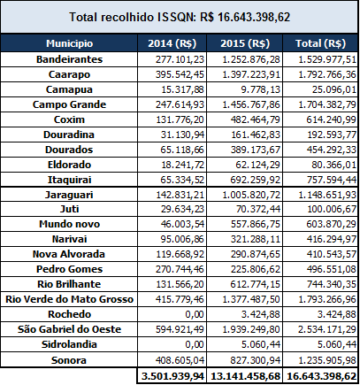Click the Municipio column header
coord(69,43)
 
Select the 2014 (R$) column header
coord(172,43)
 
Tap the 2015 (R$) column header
coord(245,43)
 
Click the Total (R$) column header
coord(320,43)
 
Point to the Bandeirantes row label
coord(69,59)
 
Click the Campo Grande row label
coord(69,104)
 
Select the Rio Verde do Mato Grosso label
coord(69,299)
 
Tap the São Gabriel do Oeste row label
coord(69,329)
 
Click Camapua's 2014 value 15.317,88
coord(182,89)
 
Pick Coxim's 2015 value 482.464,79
coord(256,119)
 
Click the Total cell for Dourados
coord(332,150)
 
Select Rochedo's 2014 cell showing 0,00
coord(195,314)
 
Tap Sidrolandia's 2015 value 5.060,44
coord(260,344)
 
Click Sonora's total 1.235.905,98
coord(327,360)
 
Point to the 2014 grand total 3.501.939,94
coord(172,376)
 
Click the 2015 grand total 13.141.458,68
coord(245,376)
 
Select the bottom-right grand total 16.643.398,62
coord(321,376)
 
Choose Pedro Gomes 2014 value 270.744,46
coord(180,269)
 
